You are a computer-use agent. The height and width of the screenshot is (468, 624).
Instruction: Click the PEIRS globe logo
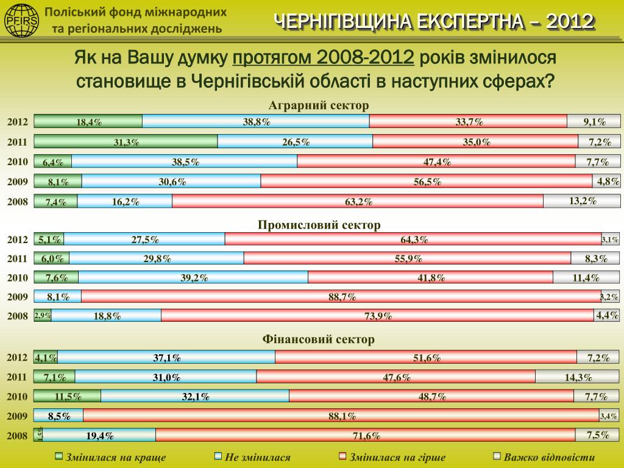click(21, 20)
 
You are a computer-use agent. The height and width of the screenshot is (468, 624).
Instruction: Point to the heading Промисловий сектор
click(319, 225)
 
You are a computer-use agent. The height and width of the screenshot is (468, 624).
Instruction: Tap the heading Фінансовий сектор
click(319, 339)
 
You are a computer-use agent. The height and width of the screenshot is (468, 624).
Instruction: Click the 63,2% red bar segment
click(358, 201)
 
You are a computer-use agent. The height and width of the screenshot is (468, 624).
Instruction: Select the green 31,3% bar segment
click(126, 141)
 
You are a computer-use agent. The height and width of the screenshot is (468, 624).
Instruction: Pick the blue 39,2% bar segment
click(193, 277)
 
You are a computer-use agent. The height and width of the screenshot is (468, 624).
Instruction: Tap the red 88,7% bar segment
click(341, 297)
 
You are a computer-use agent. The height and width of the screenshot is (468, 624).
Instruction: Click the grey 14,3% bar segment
click(578, 377)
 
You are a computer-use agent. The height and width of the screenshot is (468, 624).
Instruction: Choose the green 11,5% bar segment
click(68, 396)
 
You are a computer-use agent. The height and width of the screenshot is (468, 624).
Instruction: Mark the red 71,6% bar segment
click(366, 434)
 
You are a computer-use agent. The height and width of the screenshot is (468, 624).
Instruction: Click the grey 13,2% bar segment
click(582, 200)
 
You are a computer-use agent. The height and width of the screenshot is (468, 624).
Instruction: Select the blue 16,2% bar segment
click(125, 201)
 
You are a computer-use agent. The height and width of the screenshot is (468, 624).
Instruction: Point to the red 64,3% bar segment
click(413, 239)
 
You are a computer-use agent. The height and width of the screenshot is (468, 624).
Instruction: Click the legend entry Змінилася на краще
click(110, 457)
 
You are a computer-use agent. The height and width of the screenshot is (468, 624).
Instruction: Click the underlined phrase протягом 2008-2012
click(324, 58)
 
